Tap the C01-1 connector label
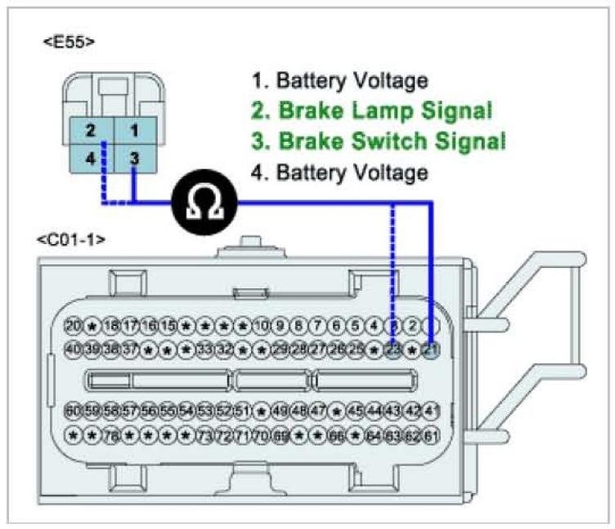(71, 241)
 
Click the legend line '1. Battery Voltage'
(339, 80)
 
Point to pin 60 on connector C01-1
(74, 409)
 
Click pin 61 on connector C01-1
(430, 432)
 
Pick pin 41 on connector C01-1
(430, 409)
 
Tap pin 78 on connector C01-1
(112, 432)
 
